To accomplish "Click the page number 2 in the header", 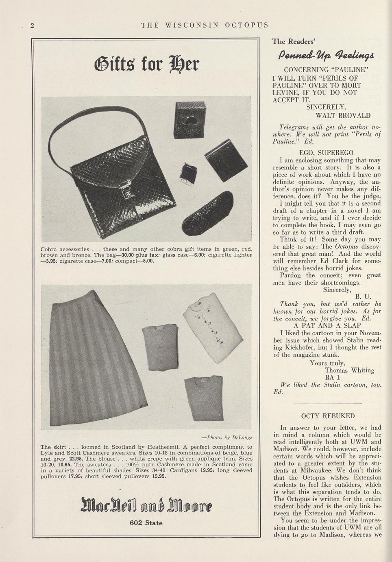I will (x=32, y=26).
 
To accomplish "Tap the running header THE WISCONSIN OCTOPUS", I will (x=205, y=25).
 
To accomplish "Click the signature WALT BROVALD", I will (x=343, y=115).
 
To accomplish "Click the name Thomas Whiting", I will (x=349, y=370).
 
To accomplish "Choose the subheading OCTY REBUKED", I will (x=327, y=416).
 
